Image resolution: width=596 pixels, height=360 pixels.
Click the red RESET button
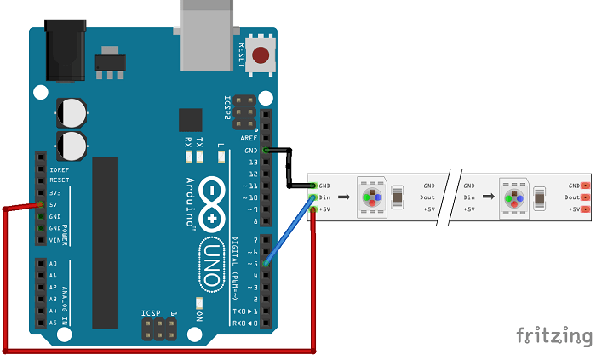pyautogui.click(x=261, y=57)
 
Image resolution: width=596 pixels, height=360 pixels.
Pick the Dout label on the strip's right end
pyautogui.click(x=572, y=197)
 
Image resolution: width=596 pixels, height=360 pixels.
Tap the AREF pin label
pyautogui.click(x=249, y=137)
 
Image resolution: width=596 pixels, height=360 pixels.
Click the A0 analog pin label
pyautogui.click(x=53, y=264)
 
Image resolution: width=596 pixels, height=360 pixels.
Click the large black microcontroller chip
pyautogui.click(x=106, y=243)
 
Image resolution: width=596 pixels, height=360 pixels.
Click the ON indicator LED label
pyautogui.click(x=199, y=314)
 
